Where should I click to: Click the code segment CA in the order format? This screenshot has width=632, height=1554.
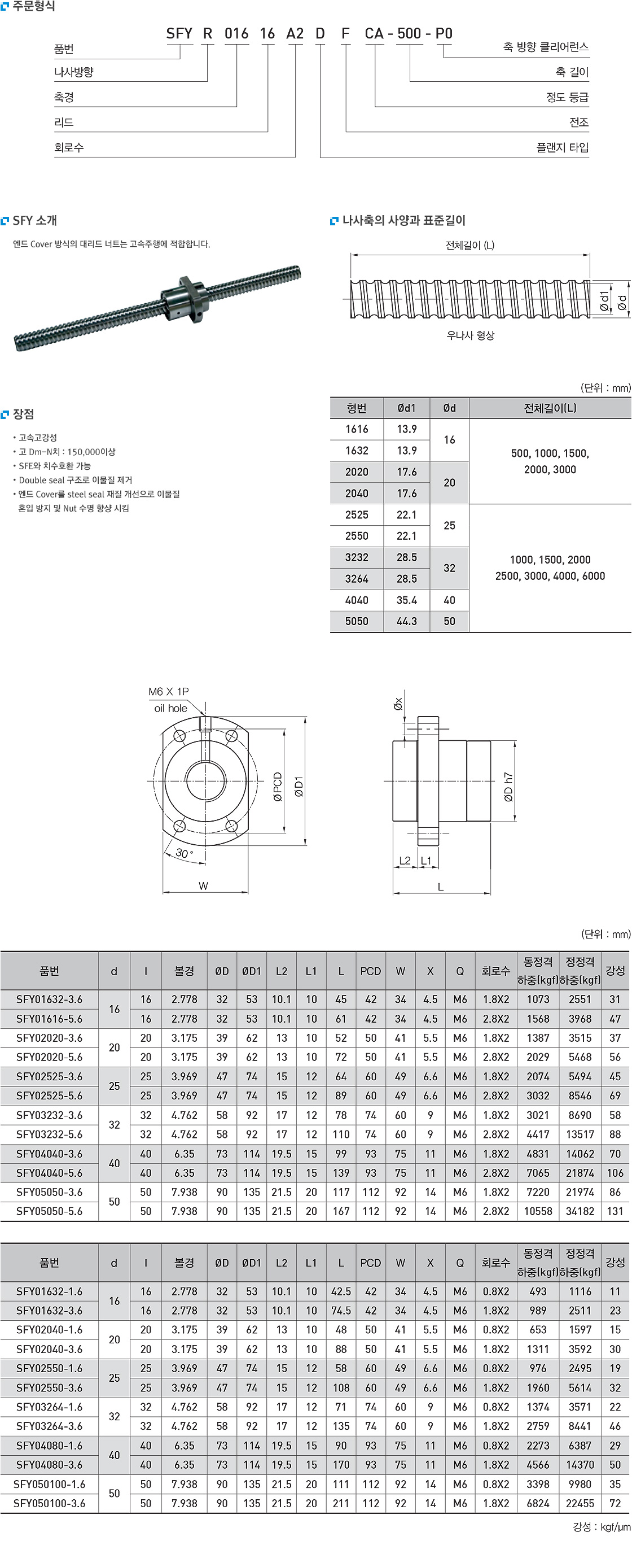374,34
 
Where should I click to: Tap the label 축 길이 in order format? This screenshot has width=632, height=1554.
572,72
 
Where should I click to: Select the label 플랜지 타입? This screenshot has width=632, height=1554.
562,148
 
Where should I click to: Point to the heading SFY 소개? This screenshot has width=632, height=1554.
34,221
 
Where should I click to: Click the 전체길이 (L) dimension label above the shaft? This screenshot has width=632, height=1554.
470,246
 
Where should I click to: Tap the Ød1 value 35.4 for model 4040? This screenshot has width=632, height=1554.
406,600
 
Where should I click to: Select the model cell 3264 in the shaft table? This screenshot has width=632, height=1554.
357,579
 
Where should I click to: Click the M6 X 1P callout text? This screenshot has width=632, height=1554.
168,692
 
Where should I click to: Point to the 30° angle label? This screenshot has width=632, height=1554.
184,854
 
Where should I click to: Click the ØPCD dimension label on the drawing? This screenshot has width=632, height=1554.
278,787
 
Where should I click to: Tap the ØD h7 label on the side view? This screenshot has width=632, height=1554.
508,787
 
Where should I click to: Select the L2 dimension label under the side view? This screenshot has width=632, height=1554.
405,861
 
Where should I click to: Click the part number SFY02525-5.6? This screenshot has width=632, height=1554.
50,1096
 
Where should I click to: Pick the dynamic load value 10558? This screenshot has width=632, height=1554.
538,1211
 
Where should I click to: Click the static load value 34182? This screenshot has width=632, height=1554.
580,1211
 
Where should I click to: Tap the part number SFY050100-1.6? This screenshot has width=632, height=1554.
50,1484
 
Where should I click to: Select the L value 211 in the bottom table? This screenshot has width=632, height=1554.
341,1503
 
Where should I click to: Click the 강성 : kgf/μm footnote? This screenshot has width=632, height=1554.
601,1527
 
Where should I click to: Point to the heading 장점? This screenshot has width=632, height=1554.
23,414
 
